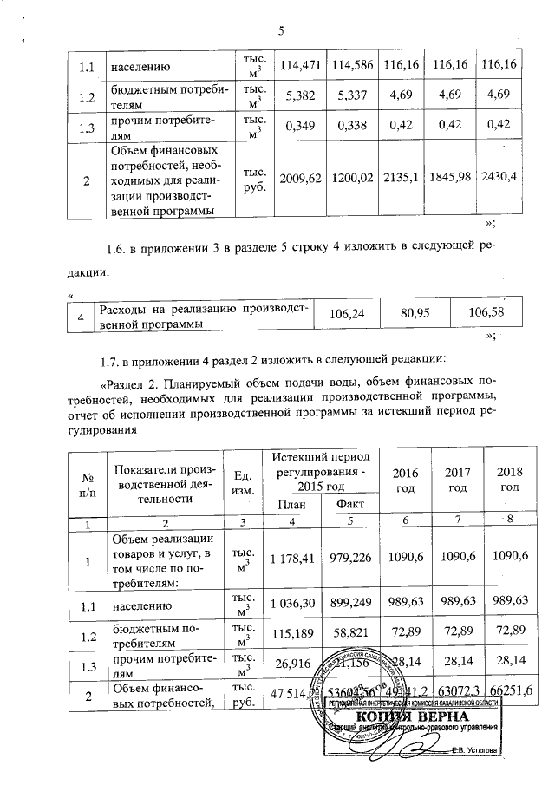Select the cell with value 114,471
point(296,65)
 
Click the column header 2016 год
point(404,479)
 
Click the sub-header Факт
point(349,504)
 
